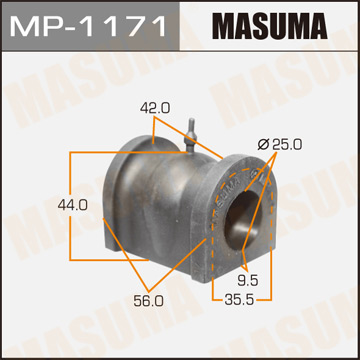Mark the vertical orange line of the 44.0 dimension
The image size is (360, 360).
(70, 205)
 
